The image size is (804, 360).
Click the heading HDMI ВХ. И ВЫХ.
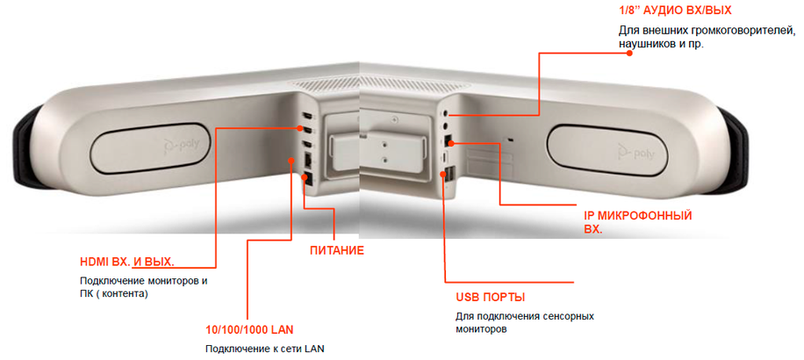(127, 262)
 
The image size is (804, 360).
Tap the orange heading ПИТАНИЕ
(337, 251)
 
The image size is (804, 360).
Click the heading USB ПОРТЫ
(490, 298)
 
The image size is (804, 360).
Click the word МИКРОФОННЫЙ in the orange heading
(649, 215)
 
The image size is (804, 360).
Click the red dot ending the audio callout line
(631, 53)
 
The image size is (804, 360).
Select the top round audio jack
(446, 110)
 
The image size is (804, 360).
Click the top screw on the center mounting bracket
(394, 119)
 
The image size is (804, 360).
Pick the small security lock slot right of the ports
(510, 140)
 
